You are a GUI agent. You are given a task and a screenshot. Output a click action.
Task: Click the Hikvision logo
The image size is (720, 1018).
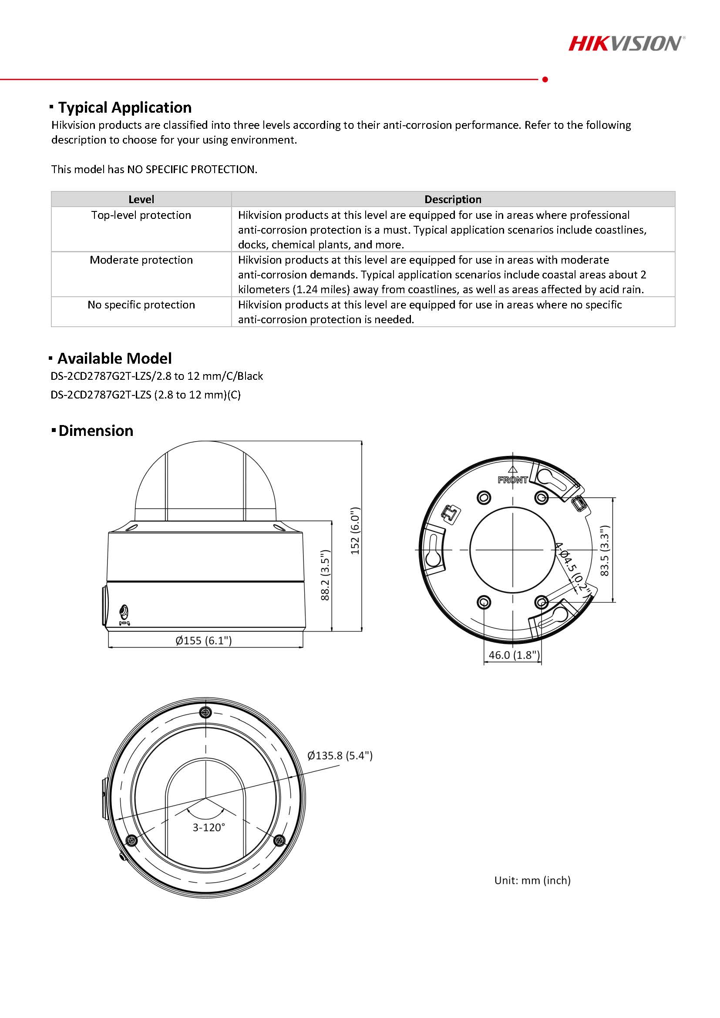(x=626, y=44)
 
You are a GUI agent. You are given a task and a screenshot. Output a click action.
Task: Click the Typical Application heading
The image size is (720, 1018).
(x=124, y=108)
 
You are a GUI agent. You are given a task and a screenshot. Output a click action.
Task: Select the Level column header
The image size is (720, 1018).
(x=141, y=200)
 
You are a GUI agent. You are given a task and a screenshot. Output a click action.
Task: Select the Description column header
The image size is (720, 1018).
(x=452, y=200)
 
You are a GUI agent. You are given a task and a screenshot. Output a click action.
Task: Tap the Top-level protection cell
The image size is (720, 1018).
(x=141, y=215)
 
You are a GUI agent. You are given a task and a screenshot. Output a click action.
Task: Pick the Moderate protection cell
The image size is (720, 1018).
(x=141, y=260)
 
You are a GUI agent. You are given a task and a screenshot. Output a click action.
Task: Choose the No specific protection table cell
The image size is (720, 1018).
(x=141, y=305)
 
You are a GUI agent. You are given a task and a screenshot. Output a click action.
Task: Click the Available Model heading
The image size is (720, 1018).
(x=114, y=358)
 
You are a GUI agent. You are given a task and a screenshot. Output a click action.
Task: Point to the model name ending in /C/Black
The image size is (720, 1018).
(x=157, y=376)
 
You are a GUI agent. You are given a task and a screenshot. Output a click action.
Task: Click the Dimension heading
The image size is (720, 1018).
(x=95, y=431)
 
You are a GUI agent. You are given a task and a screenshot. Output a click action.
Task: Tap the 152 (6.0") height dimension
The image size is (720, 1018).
(x=355, y=531)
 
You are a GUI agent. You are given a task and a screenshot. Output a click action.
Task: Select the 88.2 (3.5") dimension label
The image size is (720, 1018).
(x=325, y=575)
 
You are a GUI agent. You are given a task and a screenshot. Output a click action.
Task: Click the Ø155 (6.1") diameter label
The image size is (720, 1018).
(x=204, y=640)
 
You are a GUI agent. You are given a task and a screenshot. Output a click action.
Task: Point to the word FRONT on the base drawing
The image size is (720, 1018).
(x=512, y=480)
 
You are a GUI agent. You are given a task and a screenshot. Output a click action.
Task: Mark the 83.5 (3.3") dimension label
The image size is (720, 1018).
(x=605, y=551)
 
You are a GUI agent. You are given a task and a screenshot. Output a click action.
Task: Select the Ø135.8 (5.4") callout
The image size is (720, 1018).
(x=340, y=756)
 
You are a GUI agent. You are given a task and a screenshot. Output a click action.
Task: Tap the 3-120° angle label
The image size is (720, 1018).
(x=209, y=827)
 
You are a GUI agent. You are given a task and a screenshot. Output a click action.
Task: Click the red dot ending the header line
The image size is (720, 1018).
(x=545, y=79)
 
